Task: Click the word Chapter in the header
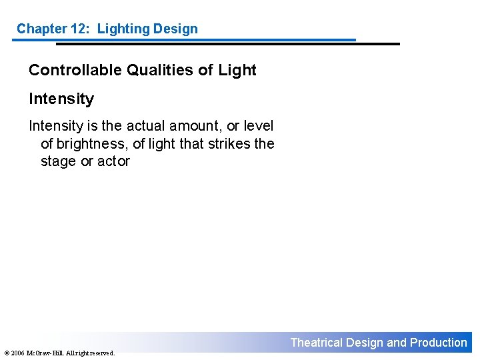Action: [x=41, y=29]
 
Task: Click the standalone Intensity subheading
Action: [x=61, y=99]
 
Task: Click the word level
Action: [x=259, y=126]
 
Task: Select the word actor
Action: [x=113, y=161]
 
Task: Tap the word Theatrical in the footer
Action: [x=316, y=343]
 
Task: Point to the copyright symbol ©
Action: [x=6, y=353]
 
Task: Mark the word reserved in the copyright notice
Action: [x=102, y=353]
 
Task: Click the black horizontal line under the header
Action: [x=227, y=44]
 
